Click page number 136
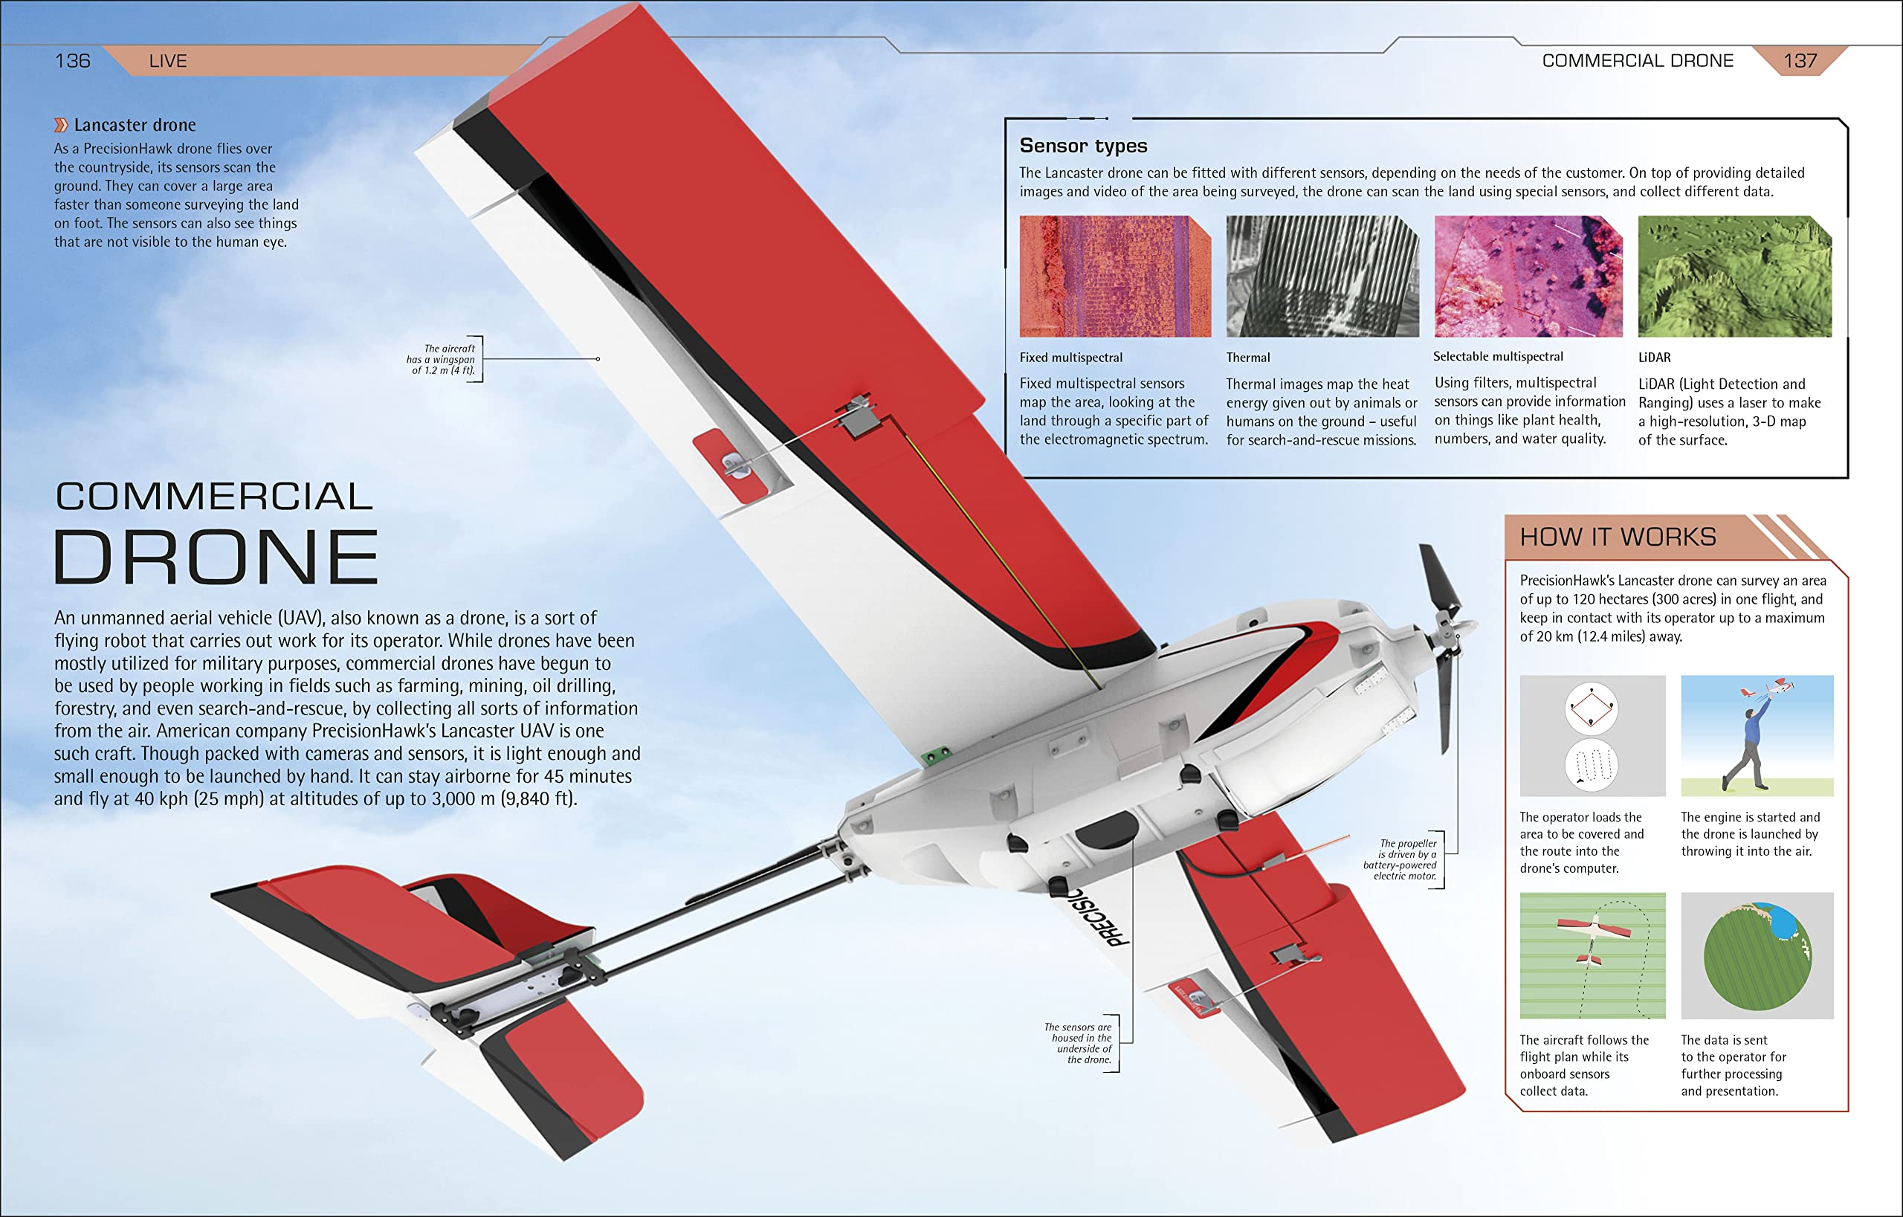coord(73,61)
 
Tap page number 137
coord(1800,61)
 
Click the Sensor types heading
coord(1082,146)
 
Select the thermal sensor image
coord(1322,277)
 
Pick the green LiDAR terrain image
coord(1735,277)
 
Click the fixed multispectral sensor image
coord(1114,277)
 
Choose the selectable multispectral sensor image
coord(1528,277)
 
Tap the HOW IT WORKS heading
coord(1618,538)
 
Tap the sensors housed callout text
coord(1079,1044)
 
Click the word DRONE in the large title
coord(216,557)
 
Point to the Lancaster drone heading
coord(135,125)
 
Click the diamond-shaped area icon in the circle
coord(1591,708)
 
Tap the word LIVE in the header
coord(167,61)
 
